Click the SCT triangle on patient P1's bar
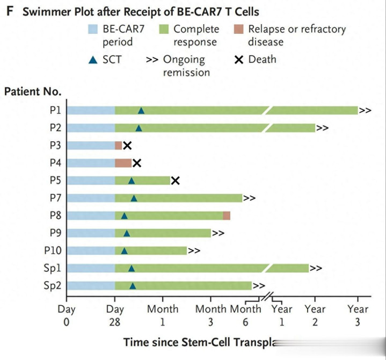point(141,111)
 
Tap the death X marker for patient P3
point(127,146)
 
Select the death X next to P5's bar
point(175,180)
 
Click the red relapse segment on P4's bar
point(123,163)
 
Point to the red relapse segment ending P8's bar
point(227,215)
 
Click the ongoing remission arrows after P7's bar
point(249,198)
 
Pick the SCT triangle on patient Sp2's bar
point(133,286)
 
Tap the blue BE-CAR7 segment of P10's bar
point(90,250)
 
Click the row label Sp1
point(52,268)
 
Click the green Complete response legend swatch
point(163,29)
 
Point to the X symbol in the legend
point(239,59)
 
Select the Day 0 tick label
point(67,315)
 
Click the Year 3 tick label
point(358,315)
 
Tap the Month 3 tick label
point(210,315)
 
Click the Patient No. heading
point(33,91)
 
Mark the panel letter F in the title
point(9,12)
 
